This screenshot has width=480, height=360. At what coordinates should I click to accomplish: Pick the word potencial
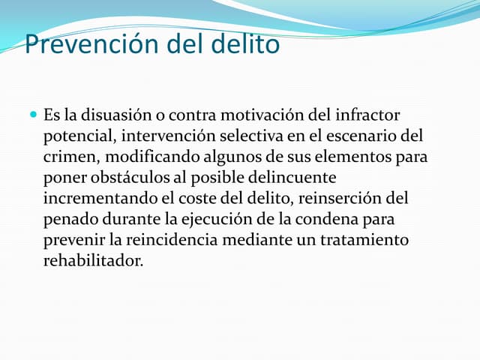(78, 137)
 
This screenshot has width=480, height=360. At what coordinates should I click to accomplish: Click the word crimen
(71, 158)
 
